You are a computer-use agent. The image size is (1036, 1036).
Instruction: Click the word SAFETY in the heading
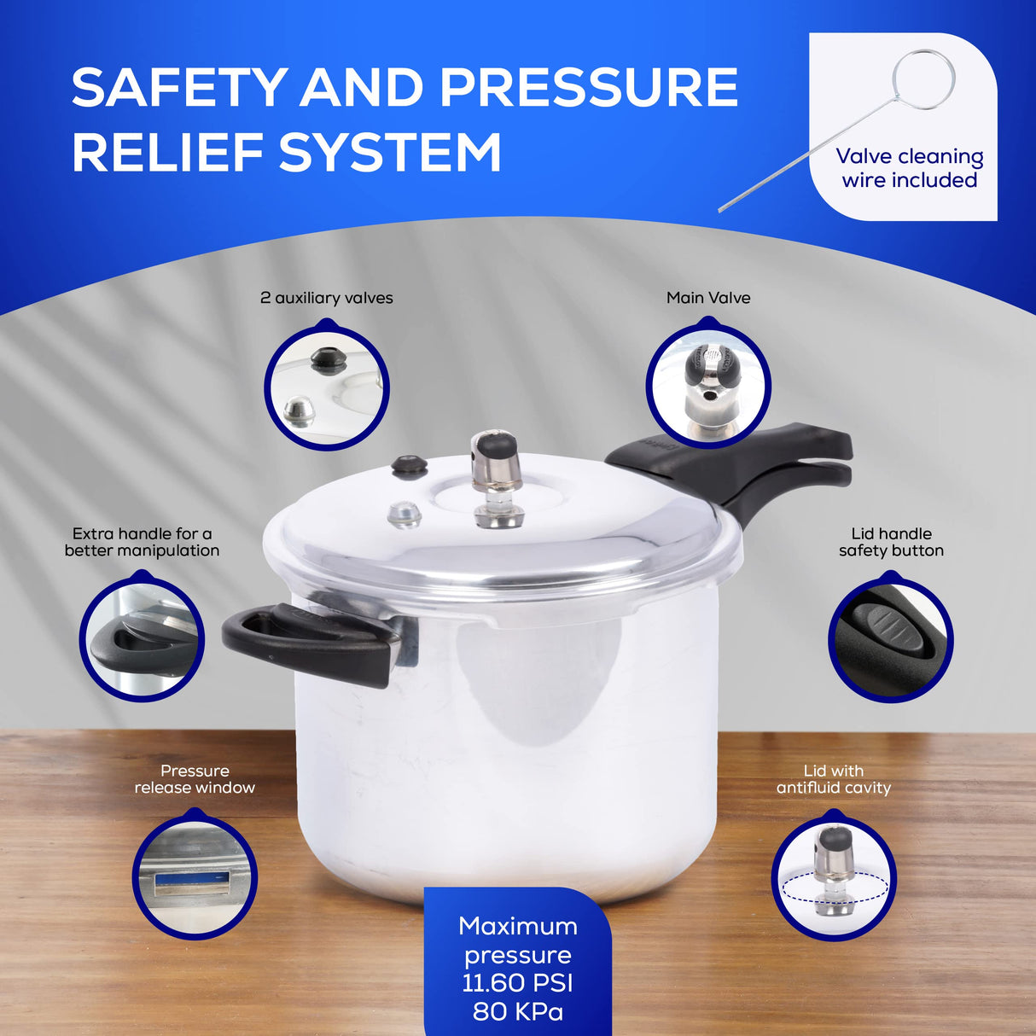coord(178,87)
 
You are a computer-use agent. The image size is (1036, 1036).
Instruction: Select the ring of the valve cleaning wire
coord(923,79)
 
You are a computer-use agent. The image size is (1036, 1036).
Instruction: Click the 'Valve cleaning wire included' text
coord(910,168)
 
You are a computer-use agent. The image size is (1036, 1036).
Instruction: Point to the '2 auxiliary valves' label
coord(326,298)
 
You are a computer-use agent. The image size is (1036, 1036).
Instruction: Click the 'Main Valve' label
coord(708,298)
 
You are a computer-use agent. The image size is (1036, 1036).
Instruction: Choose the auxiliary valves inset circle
coord(326,385)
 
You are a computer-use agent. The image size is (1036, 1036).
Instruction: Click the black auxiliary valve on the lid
coord(409,466)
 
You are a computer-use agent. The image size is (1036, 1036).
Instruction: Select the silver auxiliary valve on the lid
coord(404,515)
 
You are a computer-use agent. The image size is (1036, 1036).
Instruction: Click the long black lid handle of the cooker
coord(751,465)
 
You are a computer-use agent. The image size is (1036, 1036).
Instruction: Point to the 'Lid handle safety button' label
coord(891,542)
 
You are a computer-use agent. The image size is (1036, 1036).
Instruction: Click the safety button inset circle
coord(890,639)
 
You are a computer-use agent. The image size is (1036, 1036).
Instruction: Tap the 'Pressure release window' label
coord(195,779)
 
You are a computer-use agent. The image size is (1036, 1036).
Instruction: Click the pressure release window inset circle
coord(195,876)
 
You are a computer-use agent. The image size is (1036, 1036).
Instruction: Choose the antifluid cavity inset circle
coord(834,878)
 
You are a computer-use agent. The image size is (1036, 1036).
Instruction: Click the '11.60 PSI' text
coord(517,983)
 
